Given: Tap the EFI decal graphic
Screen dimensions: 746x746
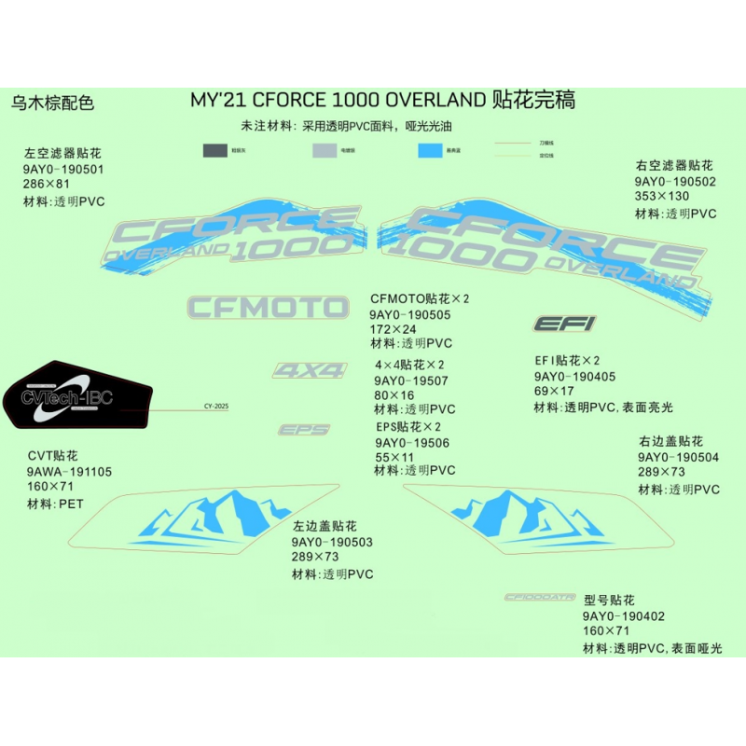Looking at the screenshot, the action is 564,324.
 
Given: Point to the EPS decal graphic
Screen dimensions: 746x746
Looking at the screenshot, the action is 304,430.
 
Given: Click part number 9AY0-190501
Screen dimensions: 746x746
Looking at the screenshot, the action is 63,170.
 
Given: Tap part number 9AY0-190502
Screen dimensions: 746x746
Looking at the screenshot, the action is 674,182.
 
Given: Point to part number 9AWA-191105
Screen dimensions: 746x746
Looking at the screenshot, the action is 70,472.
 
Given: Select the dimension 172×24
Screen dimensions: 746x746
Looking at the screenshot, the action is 394,330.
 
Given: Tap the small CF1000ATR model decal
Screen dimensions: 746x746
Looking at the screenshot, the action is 540,598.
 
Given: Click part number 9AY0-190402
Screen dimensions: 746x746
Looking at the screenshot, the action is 624,616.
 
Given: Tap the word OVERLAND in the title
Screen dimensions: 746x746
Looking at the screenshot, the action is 435,100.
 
